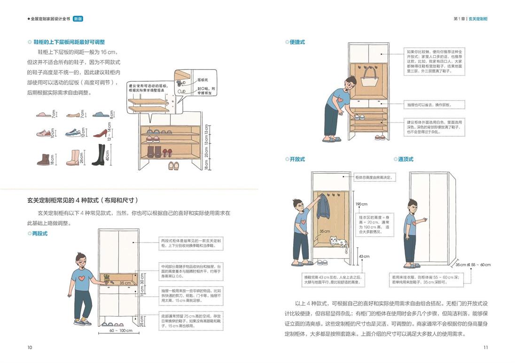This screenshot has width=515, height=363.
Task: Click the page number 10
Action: (x=30, y=348)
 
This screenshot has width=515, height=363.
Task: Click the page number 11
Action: (x=485, y=348)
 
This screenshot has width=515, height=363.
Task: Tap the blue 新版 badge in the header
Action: (x=78, y=19)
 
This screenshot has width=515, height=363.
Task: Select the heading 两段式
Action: (x=39, y=233)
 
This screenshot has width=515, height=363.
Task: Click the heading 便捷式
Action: (x=297, y=42)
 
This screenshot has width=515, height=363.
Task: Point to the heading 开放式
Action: (x=297, y=159)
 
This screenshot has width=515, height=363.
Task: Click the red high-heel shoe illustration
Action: (x=100, y=133)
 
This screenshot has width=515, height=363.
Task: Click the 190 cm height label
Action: (x=361, y=204)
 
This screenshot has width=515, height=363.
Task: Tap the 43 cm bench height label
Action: (x=364, y=256)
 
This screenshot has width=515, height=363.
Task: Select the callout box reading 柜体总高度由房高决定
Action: (x=373, y=178)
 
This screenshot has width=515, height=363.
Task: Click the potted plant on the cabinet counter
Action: (x=107, y=278)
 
